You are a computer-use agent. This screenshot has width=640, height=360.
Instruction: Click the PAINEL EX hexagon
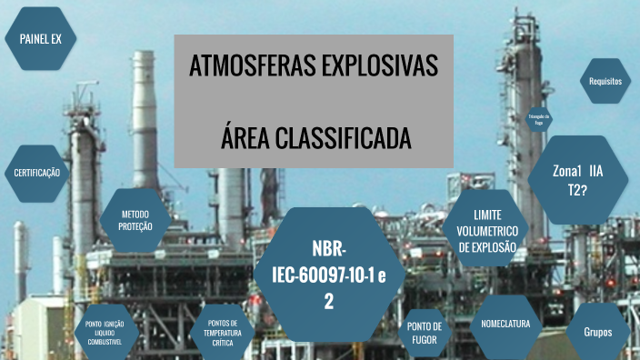(40, 38)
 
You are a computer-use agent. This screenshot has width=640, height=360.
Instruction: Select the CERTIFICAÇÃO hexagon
(37, 173)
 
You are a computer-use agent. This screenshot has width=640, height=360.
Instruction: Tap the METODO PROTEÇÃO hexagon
(136, 220)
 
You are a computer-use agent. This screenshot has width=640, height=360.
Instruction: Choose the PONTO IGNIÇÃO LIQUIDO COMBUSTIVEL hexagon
(110, 332)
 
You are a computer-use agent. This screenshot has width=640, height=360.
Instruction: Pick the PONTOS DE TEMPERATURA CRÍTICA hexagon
(223, 332)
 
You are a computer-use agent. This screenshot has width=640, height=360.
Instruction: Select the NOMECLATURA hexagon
(505, 324)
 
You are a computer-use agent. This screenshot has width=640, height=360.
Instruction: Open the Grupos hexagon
(604, 332)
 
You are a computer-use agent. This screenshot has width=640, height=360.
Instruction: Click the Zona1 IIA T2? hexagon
(577, 179)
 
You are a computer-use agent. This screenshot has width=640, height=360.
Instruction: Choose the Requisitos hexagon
(605, 81)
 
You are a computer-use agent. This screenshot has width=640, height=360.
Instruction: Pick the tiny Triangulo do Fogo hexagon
(538, 119)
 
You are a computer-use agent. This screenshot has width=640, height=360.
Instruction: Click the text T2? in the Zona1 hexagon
(577, 189)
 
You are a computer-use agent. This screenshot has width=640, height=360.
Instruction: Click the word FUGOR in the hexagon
(425, 340)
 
